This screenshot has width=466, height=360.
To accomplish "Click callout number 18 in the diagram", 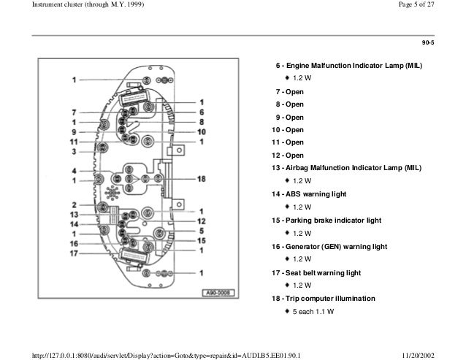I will pyautogui.click(x=201, y=179).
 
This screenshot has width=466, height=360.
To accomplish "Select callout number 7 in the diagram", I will pyautogui.click(x=75, y=112).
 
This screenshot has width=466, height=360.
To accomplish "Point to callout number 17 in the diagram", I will pyautogui.click(x=73, y=254).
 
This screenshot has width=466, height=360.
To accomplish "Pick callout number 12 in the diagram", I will pyautogui.click(x=202, y=221).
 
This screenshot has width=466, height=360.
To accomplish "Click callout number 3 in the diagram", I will pyautogui.click(x=75, y=153).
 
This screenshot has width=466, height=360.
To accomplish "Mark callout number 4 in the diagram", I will pyautogui.click(x=75, y=172).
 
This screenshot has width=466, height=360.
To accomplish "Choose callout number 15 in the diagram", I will pyautogui.click(x=202, y=240).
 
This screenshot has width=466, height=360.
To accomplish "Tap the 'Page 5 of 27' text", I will pyautogui.click(x=432, y=7).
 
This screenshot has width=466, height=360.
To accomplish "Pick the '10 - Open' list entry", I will pyautogui.click(x=287, y=130).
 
